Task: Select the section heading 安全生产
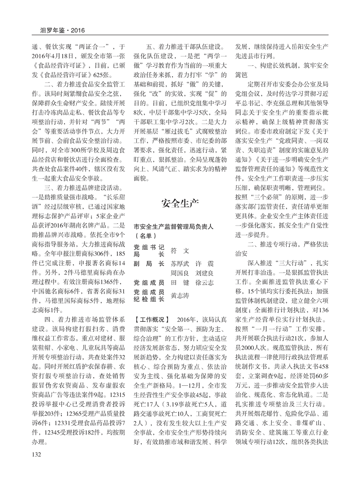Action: [180, 204]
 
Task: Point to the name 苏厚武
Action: [179, 262]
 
